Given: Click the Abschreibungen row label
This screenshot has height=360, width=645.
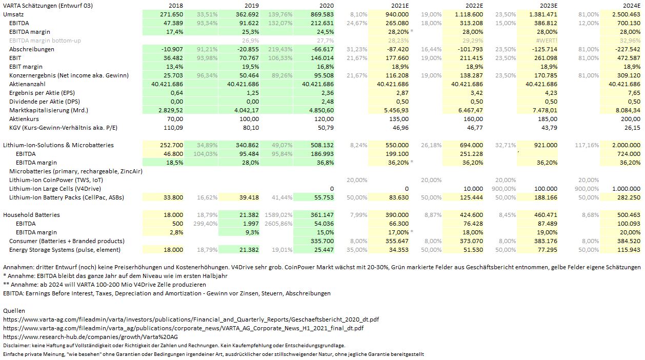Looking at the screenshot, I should click(32, 49).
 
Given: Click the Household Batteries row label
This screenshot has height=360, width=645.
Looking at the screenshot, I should click(32, 215).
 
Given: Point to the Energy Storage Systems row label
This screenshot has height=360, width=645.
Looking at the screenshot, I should click(65, 250).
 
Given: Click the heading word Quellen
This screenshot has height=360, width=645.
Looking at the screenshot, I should click(14, 311).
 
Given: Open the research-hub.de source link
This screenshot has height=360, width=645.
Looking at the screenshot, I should click(90, 337).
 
